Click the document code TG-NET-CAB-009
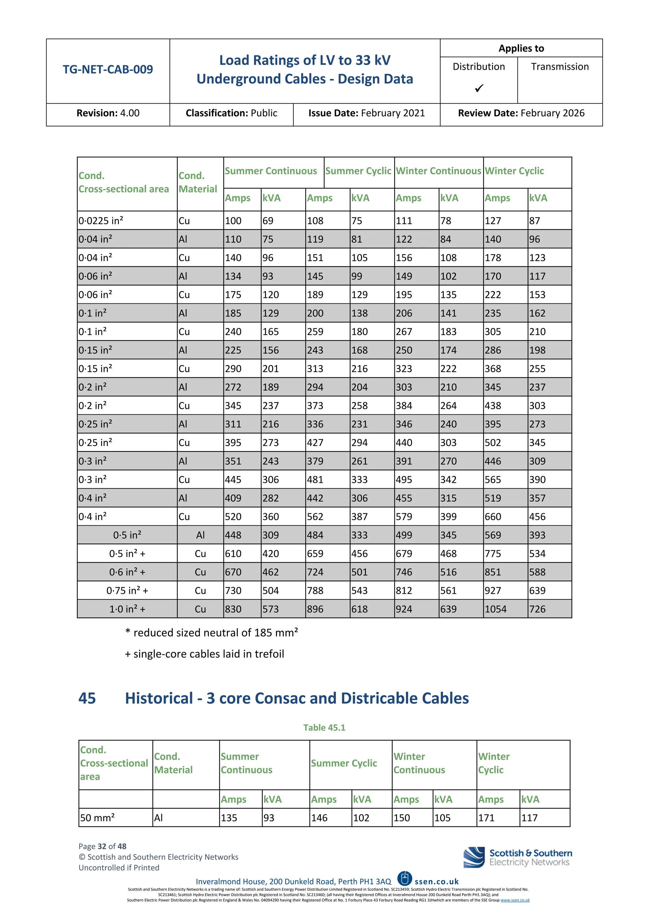107,69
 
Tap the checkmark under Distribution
479,88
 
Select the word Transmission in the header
560,67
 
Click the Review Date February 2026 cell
521,113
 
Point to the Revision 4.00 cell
108,113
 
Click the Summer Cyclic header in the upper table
358,171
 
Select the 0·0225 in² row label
101,221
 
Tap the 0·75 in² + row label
127,591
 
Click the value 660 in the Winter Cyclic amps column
493,517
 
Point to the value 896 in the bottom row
315,609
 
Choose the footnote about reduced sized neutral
212,632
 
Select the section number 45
87,698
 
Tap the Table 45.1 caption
324,727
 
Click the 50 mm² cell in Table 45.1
98,818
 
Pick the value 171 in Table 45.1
486,818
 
